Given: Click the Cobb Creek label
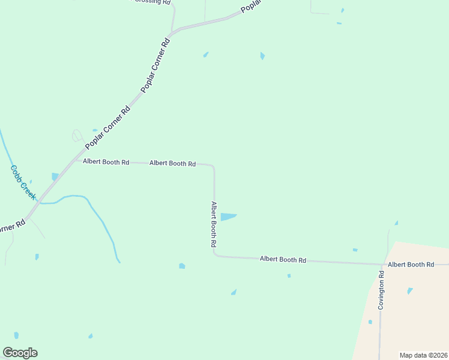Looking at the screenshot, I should coord(24,183).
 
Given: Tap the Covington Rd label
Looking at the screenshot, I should coord(381,290).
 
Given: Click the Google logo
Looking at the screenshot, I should coord(20,353).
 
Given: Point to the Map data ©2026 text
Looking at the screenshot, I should coord(423,355).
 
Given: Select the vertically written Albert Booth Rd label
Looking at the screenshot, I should coord(213,225).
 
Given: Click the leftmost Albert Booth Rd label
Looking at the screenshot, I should coord(106,162).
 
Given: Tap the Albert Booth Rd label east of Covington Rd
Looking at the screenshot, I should coord(411,264).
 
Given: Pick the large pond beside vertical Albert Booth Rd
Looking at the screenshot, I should coord(228,217).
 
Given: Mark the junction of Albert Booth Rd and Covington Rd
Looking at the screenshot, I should coord(382,264).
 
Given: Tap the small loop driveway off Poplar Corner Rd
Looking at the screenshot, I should coord(77,136).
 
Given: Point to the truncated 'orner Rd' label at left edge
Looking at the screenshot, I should coord(12,227).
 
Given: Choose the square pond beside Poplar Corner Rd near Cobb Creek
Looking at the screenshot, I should coord(55,176).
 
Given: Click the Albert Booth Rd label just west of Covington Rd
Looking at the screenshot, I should coord(283,260).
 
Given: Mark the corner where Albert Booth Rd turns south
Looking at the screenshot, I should coord(213,166).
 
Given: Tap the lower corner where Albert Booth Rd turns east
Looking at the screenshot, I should coord(215,255).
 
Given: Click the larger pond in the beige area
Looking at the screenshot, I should coord(410,291).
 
